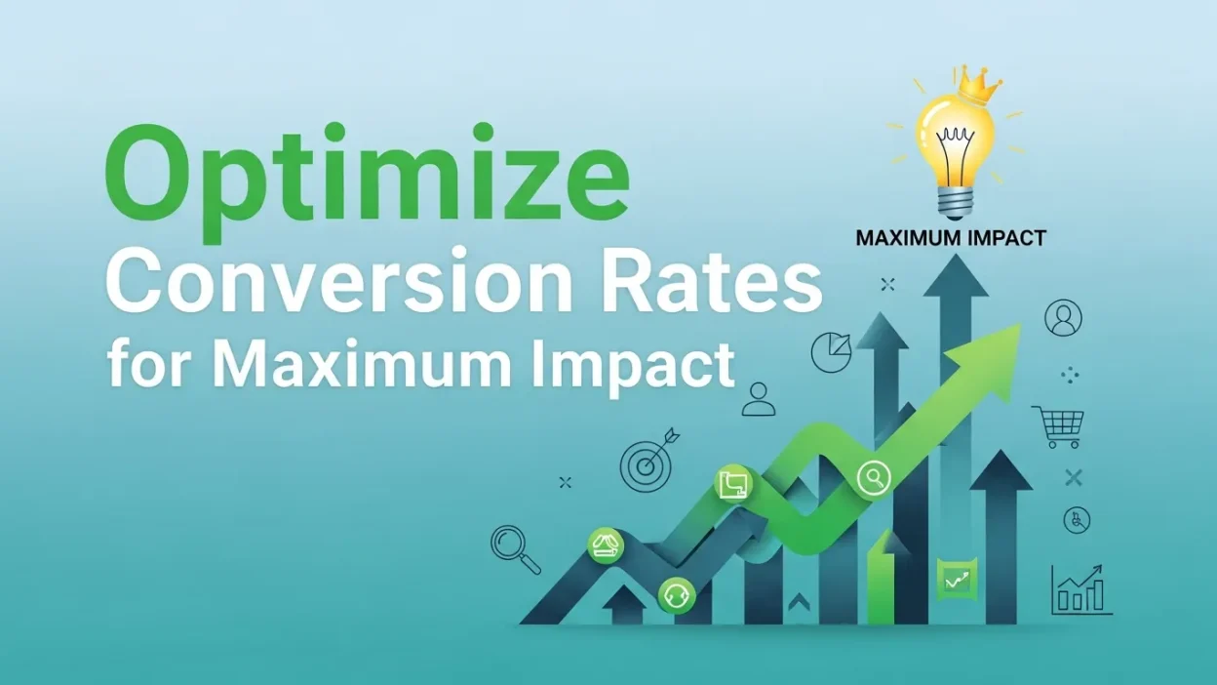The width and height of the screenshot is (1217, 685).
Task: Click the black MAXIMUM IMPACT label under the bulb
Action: pos(950,237)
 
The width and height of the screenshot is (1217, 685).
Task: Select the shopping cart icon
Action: pos(1060,425)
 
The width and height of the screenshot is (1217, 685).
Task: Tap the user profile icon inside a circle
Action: pos(1063,317)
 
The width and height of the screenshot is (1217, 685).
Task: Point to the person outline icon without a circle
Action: pos(758,399)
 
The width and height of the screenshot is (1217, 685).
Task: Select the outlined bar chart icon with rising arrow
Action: pos(1080,588)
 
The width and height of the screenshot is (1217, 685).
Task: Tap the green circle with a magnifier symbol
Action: pos(874,477)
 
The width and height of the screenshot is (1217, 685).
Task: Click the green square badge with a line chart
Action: pos(955,580)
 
